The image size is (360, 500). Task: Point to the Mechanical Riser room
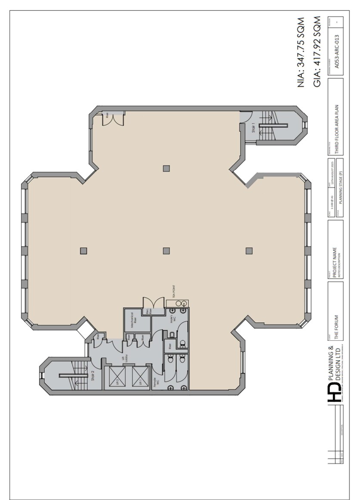[x=134, y=320]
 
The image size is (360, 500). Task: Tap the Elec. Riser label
[x=148, y=312]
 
